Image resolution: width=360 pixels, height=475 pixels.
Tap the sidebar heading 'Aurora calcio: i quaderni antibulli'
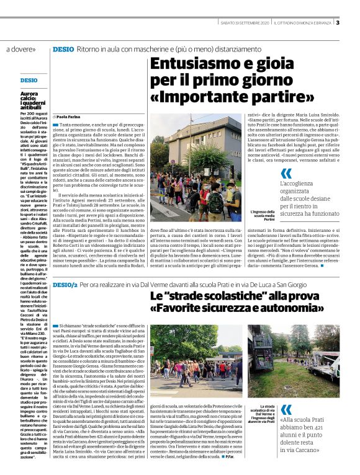pyautogui.click(x=32, y=102)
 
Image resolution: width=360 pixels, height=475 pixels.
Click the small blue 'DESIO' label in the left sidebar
pyautogui.click(x=29, y=81)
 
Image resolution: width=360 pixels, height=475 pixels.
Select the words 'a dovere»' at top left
pyautogui.click(x=21, y=48)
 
